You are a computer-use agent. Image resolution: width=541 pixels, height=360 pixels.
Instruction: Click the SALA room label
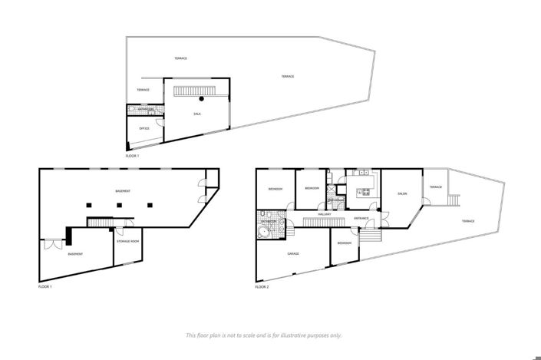pos(196,114)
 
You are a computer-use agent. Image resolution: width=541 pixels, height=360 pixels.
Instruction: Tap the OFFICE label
pos(143,128)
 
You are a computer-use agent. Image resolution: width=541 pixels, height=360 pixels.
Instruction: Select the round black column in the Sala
pos(202,99)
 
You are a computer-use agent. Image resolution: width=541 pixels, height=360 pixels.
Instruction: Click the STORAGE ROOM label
pos(128,242)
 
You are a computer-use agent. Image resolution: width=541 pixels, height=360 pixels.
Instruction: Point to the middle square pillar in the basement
pos(120,204)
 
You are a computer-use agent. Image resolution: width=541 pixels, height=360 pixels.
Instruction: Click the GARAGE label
pos(293,253)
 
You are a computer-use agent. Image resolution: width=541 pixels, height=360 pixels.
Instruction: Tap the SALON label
pos(402,193)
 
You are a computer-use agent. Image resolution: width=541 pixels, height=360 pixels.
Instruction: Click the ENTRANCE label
pos(361,218)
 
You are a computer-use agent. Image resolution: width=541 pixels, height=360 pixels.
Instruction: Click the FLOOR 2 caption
pos(262,287)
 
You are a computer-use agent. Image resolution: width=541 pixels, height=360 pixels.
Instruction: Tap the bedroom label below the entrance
pos(345,243)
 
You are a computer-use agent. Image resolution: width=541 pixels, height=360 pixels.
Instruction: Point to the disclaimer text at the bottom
pos(264,335)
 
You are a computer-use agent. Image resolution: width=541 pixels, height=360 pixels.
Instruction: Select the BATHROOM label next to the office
pos(145,109)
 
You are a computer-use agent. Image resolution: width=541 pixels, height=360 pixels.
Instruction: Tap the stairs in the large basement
pos(100,223)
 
